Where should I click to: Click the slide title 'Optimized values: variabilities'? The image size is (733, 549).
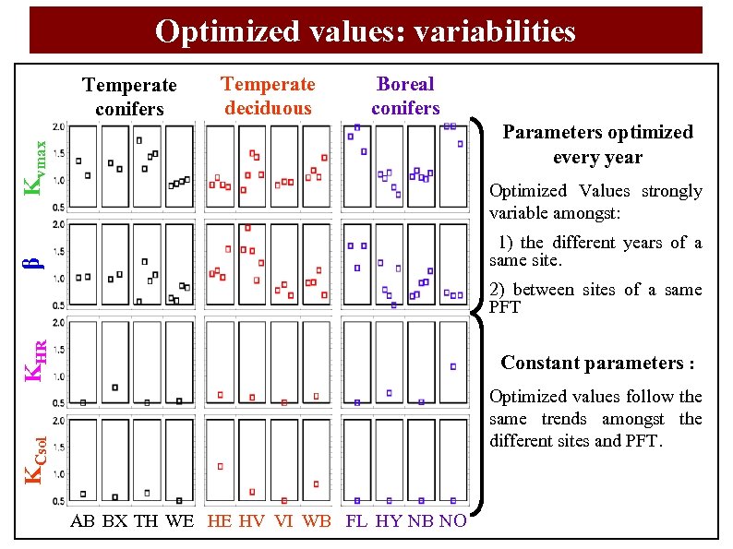366,31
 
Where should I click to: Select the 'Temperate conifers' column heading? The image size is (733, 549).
129,97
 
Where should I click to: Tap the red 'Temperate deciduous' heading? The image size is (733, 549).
268,96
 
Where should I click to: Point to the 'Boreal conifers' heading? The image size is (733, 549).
405,96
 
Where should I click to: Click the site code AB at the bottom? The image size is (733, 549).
82,521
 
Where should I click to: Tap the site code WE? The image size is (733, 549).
179,521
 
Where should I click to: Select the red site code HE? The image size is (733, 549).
220,521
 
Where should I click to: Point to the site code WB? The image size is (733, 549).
317,521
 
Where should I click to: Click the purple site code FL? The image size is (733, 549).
356,521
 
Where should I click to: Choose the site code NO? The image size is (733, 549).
452,521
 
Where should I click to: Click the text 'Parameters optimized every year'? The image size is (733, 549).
597,144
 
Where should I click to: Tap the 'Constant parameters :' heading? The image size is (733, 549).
597,363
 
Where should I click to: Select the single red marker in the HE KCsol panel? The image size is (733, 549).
220,466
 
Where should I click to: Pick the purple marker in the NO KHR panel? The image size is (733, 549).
453,366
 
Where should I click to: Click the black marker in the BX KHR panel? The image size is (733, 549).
115,388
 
